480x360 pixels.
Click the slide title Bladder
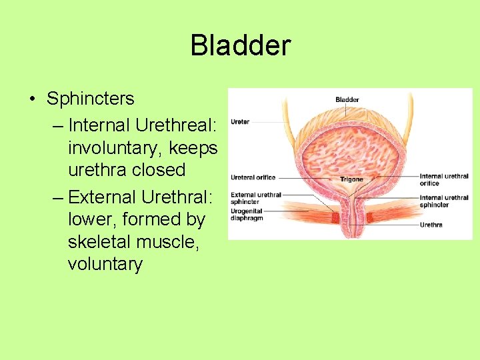(240, 46)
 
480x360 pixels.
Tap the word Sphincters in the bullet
(90, 99)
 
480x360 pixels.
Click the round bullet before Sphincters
(33, 99)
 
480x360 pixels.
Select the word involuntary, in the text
(116, 147)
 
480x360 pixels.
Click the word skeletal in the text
(103, 242)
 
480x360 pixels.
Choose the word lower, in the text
(93, 219)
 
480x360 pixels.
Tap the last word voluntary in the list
(105, 265)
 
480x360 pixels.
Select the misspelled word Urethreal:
(173, 125)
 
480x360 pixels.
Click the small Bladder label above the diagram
(347, 100)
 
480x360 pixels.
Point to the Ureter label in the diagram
(240, 122)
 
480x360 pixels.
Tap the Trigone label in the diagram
(351, 179)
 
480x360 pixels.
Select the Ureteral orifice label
(253, 178)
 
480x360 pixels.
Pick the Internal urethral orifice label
(443, 180)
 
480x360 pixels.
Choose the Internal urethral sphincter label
(443, 201)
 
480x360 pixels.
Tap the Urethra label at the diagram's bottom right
(431, 225)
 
